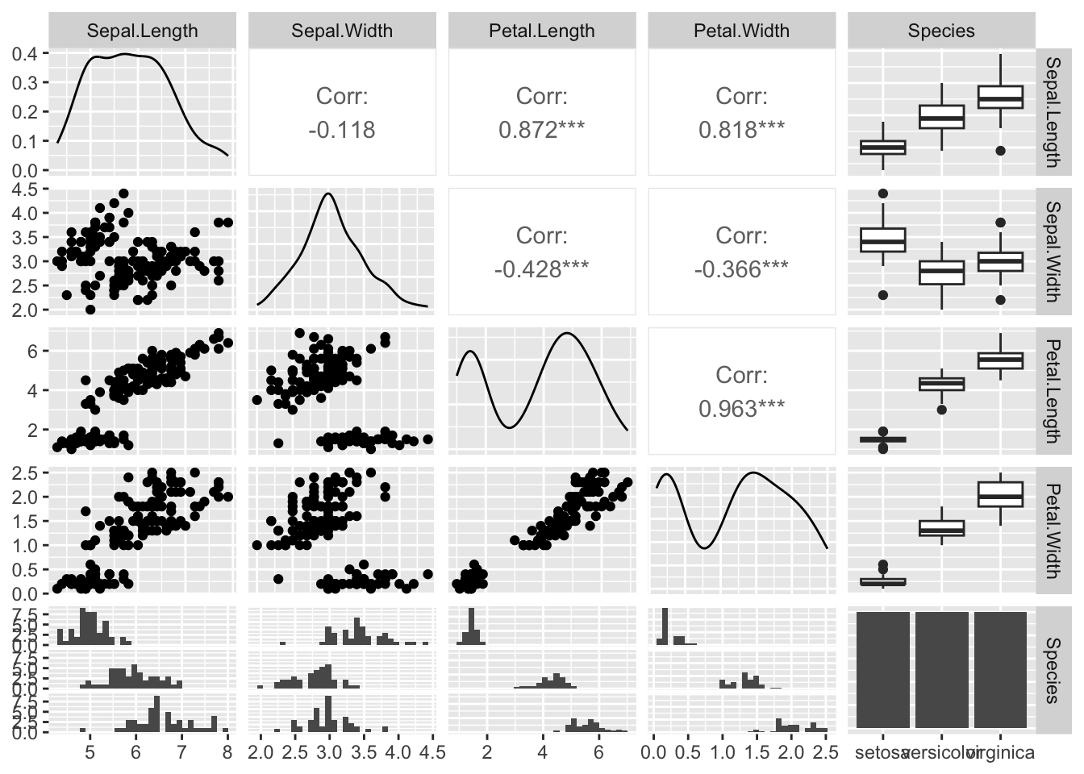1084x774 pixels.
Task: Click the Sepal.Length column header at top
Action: (142, 31)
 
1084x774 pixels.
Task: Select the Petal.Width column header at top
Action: (741, 31)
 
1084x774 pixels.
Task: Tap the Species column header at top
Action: (940, 31)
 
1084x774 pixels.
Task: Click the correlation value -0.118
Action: (342, 131)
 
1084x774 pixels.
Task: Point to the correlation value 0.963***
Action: (741, 409)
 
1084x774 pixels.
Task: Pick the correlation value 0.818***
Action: (741, 131)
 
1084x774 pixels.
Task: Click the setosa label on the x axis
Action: (880, 753)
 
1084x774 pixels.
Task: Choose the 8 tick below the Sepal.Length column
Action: (227, 753)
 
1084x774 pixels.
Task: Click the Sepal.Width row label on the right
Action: (1052, 251)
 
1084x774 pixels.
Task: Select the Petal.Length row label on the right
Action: (1052, 391)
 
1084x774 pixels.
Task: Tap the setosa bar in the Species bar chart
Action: (882, 669)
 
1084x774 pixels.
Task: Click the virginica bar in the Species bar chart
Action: (1000, 669)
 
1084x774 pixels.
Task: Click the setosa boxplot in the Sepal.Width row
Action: (883, 240)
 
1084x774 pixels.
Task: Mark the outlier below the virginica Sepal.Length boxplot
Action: (1000, 151)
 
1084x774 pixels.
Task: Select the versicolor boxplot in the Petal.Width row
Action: (941, 528)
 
